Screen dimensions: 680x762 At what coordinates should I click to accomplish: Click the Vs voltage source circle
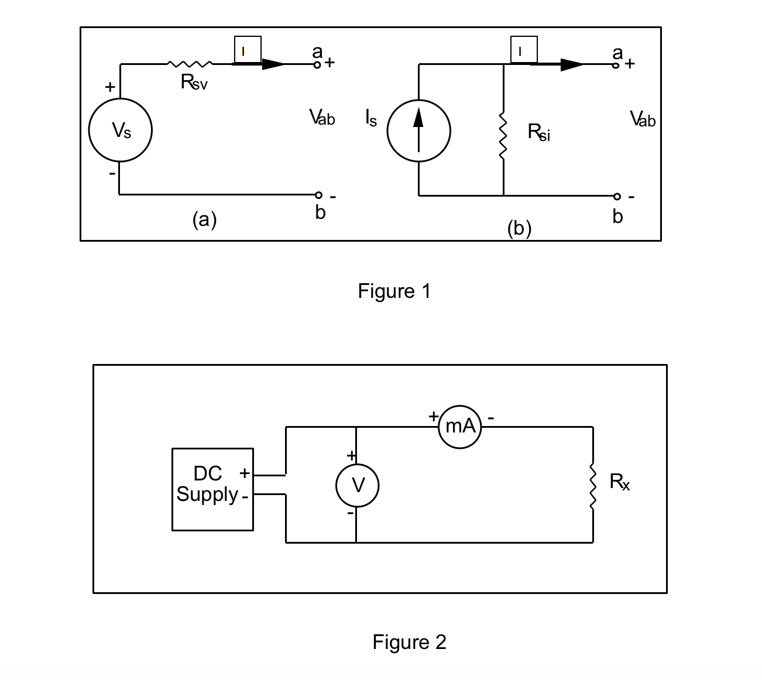click(121, 130)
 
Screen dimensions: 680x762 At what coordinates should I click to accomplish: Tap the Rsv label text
click(194, 83)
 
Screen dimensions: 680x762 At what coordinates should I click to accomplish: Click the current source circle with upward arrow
click(418, 130)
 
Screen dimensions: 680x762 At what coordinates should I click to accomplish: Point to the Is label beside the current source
click(371, 119)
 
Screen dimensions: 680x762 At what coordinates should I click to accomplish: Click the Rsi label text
click(538, 132)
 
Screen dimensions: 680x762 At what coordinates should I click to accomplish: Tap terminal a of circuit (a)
click(317, 64)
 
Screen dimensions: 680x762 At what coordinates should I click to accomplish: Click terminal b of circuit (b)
click(616, 196)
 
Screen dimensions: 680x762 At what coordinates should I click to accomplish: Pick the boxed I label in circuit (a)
click(247, 50)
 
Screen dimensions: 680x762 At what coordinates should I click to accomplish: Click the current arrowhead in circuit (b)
click(572, 65)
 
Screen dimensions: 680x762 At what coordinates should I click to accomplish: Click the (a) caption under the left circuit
click(204, 220)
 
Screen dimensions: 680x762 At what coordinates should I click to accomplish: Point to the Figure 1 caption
click(394, 291)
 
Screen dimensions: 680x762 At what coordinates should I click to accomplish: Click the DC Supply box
click(212, 489)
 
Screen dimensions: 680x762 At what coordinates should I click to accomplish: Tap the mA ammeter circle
click(460, 427)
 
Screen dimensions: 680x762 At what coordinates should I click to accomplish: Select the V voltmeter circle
click(357, 485)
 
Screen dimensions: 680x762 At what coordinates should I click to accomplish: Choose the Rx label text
click(620, 482)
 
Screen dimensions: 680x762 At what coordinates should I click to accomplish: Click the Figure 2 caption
click(409, 642)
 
